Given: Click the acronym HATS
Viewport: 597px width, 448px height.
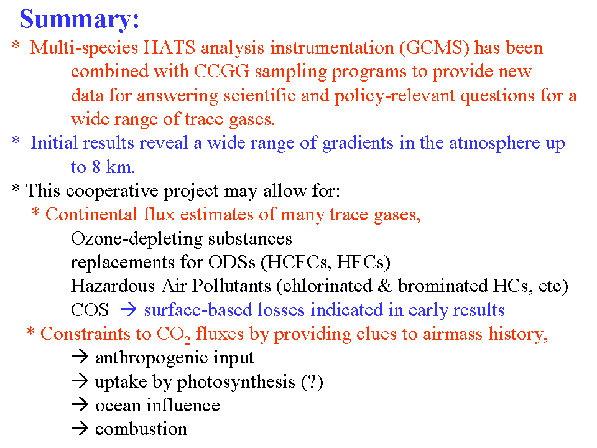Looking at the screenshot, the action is pos(169,48).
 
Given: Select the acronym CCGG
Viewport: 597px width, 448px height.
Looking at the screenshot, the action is pos(221,71).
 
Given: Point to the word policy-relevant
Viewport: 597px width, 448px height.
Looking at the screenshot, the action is pos(394,96).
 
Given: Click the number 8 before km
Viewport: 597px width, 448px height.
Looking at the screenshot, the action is pos(96,167).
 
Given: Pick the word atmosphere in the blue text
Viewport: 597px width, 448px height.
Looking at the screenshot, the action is pos(494,143).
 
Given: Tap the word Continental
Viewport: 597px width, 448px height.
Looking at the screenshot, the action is pos(91,214).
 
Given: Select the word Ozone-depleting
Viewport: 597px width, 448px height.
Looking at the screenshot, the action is pos(137,239).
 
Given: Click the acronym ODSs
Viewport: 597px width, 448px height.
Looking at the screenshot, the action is pos(232,262).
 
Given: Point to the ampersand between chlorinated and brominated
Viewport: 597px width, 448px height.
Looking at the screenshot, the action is pos(385,286).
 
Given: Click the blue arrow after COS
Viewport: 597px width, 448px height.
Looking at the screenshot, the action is pos(128,310).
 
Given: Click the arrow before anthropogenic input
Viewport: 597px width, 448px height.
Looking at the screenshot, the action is pos(80,357).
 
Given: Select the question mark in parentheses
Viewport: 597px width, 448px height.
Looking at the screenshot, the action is pos(312,381).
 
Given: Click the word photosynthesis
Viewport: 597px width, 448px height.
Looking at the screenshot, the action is pos(236,382).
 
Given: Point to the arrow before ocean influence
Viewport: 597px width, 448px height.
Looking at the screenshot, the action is pos(80,405).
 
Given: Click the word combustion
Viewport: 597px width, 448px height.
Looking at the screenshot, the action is pos(141,429).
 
